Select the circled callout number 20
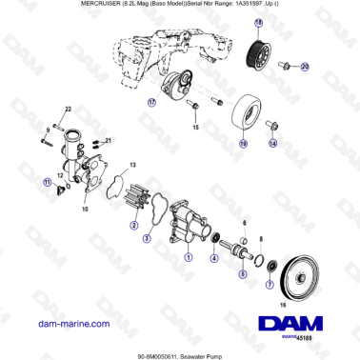305,67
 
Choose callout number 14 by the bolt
272,144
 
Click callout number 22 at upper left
68,109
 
